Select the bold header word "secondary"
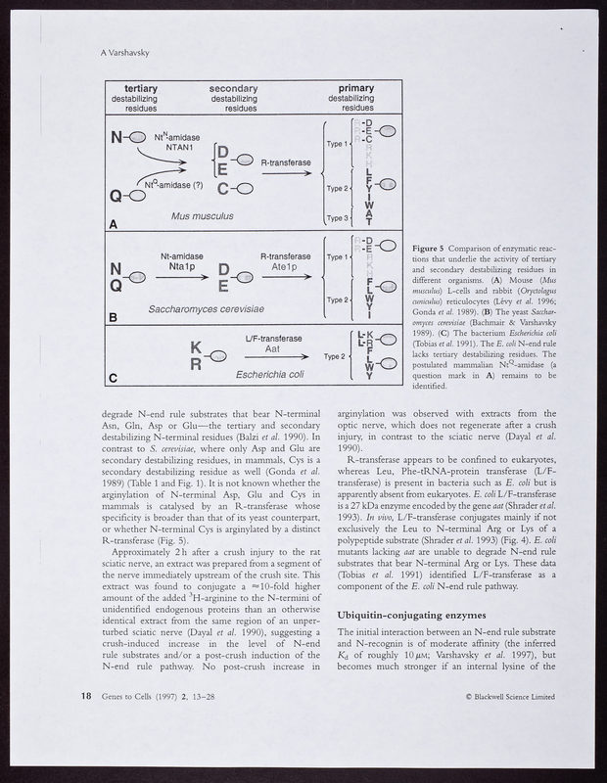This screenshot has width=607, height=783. [x=234, y=89]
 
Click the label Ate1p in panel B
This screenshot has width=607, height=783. [x=279, y=265]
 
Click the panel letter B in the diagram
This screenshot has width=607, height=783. [x=114, y=317]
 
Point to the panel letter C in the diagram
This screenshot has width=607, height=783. [x=114, y=377]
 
